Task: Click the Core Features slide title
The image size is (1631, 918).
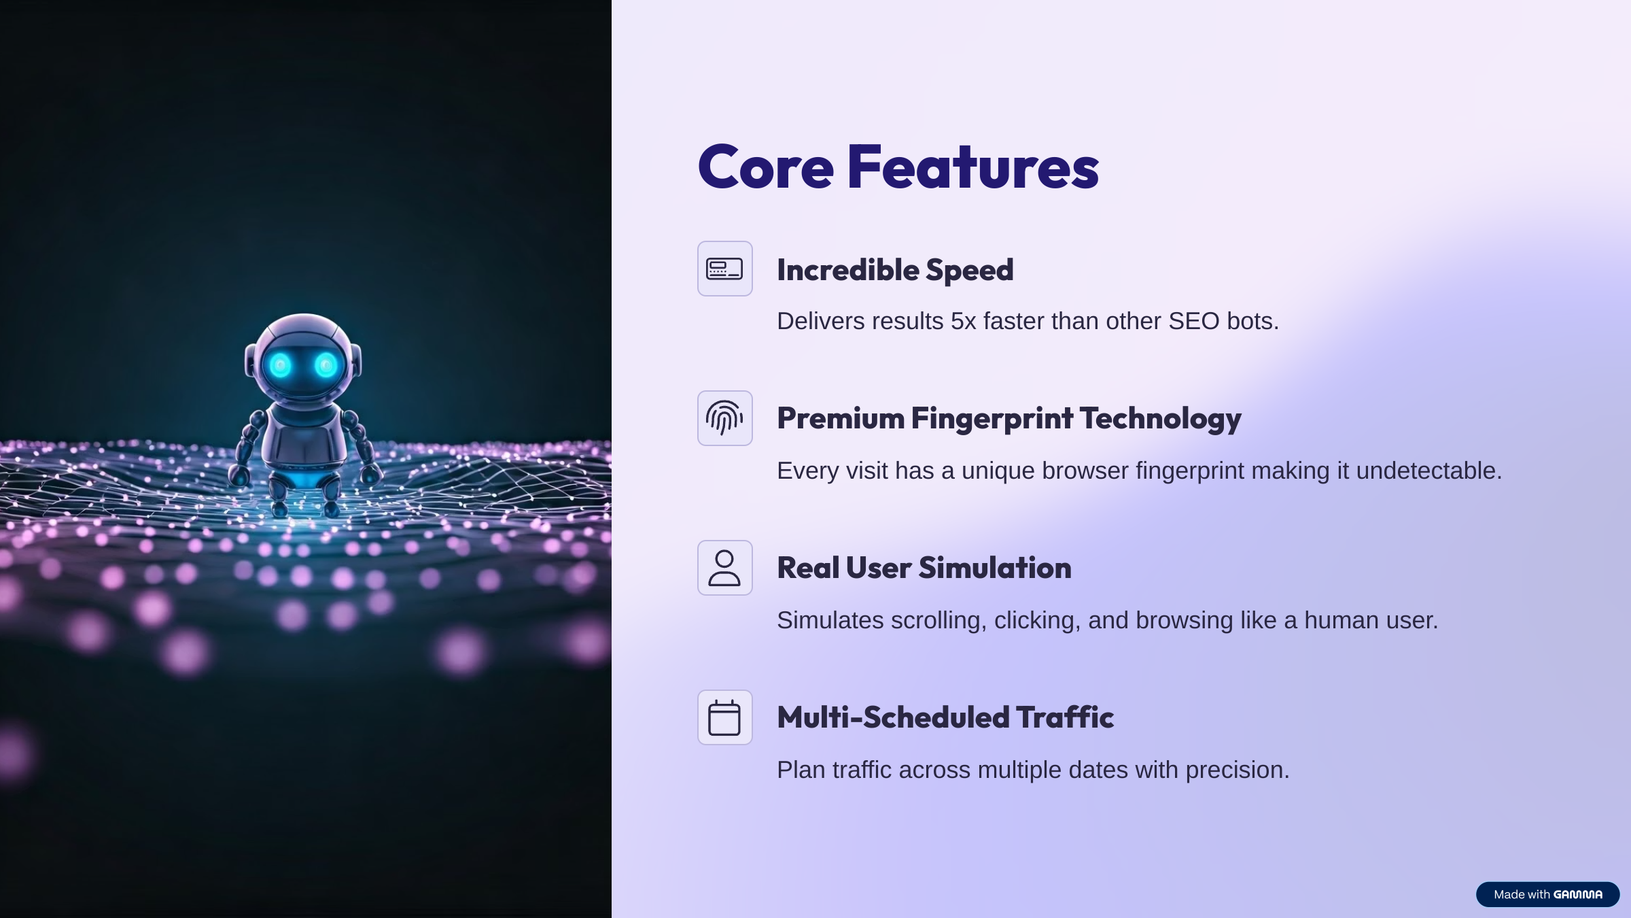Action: pyautogui.click(x=898, y=167)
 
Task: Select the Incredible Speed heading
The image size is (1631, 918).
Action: pyautogui.click(x=895, y=270)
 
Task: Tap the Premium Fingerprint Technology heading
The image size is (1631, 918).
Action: pyautogui.click(x=1009, y=418)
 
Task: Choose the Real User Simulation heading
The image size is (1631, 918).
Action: pyautogui.click(x=924, y=568)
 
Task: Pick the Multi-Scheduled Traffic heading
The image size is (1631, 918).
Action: pyautogui.click(x=945, y=717)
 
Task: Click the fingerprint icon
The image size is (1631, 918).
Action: pyautogui.click(x=724, y=418)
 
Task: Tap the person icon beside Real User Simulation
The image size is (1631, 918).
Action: pyautogui.click(x=724, y=568)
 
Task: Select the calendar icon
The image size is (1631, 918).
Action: pyautogui.click(x=724, y=717)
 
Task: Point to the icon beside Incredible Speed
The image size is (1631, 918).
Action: pyautogui.click(x=724, y=269)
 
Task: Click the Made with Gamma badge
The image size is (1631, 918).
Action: pyautogui.click(x=1547, y=894)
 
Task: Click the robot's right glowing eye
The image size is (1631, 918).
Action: pyautogui.click(x=326, y=366)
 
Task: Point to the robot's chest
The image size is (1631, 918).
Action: pyautogui.click(x=304, y=435)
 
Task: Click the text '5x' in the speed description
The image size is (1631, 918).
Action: pyautogui.click(x=964, y=321)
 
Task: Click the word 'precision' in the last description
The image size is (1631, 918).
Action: pyautogui.click(x=1238, y=770)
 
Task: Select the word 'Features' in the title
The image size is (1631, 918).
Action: pyautogui.click(x=973, y=167)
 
